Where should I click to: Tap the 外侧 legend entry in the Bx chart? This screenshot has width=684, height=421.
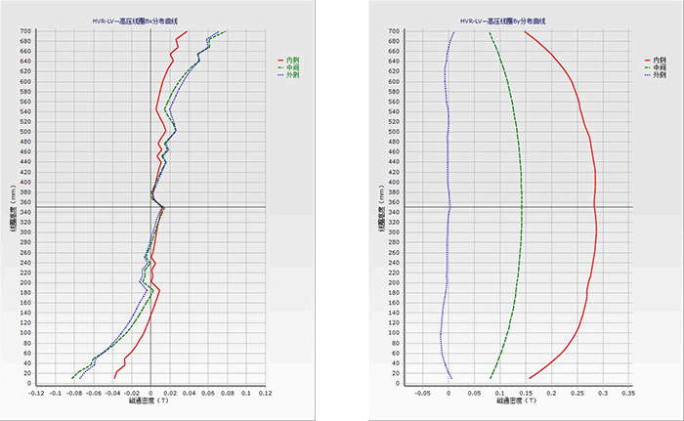pos(289,74)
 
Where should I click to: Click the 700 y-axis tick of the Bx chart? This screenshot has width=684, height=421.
pos(24,31)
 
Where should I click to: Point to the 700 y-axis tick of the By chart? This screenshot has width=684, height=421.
pos(393,31)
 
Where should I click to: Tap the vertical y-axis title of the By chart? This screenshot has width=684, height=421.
pos(379,207)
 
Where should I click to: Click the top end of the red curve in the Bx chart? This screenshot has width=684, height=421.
pos(188,32)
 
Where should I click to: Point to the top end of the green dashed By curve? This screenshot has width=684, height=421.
pos(489,32)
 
